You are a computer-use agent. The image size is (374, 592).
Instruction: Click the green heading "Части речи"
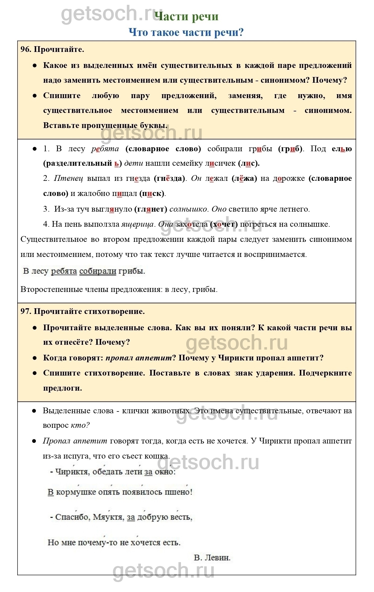coord(186,17)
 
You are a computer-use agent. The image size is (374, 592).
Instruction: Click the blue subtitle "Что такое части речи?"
coord(186,32)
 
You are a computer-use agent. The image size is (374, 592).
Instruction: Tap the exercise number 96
coord(26,50)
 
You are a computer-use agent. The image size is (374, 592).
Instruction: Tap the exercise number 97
coord(26,311)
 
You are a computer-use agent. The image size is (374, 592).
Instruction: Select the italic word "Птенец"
coord(68,178)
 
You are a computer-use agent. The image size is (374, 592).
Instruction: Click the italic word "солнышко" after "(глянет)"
coord(188,209)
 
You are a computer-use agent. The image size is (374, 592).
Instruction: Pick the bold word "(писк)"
coord(152,194)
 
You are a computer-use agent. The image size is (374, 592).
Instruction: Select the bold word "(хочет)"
coord(224,224)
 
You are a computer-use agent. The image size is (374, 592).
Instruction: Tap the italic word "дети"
coord(134,163)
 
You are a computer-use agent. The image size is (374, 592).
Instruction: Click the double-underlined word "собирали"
coord(98,271)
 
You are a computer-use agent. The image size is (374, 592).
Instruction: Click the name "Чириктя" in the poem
coord(72,472)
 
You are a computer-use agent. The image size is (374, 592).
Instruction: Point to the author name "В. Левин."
coord(212,558)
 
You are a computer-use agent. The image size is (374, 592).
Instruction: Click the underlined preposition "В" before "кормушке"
coord(51,492)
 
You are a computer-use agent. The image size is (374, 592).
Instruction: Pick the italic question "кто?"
coord(80,425)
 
